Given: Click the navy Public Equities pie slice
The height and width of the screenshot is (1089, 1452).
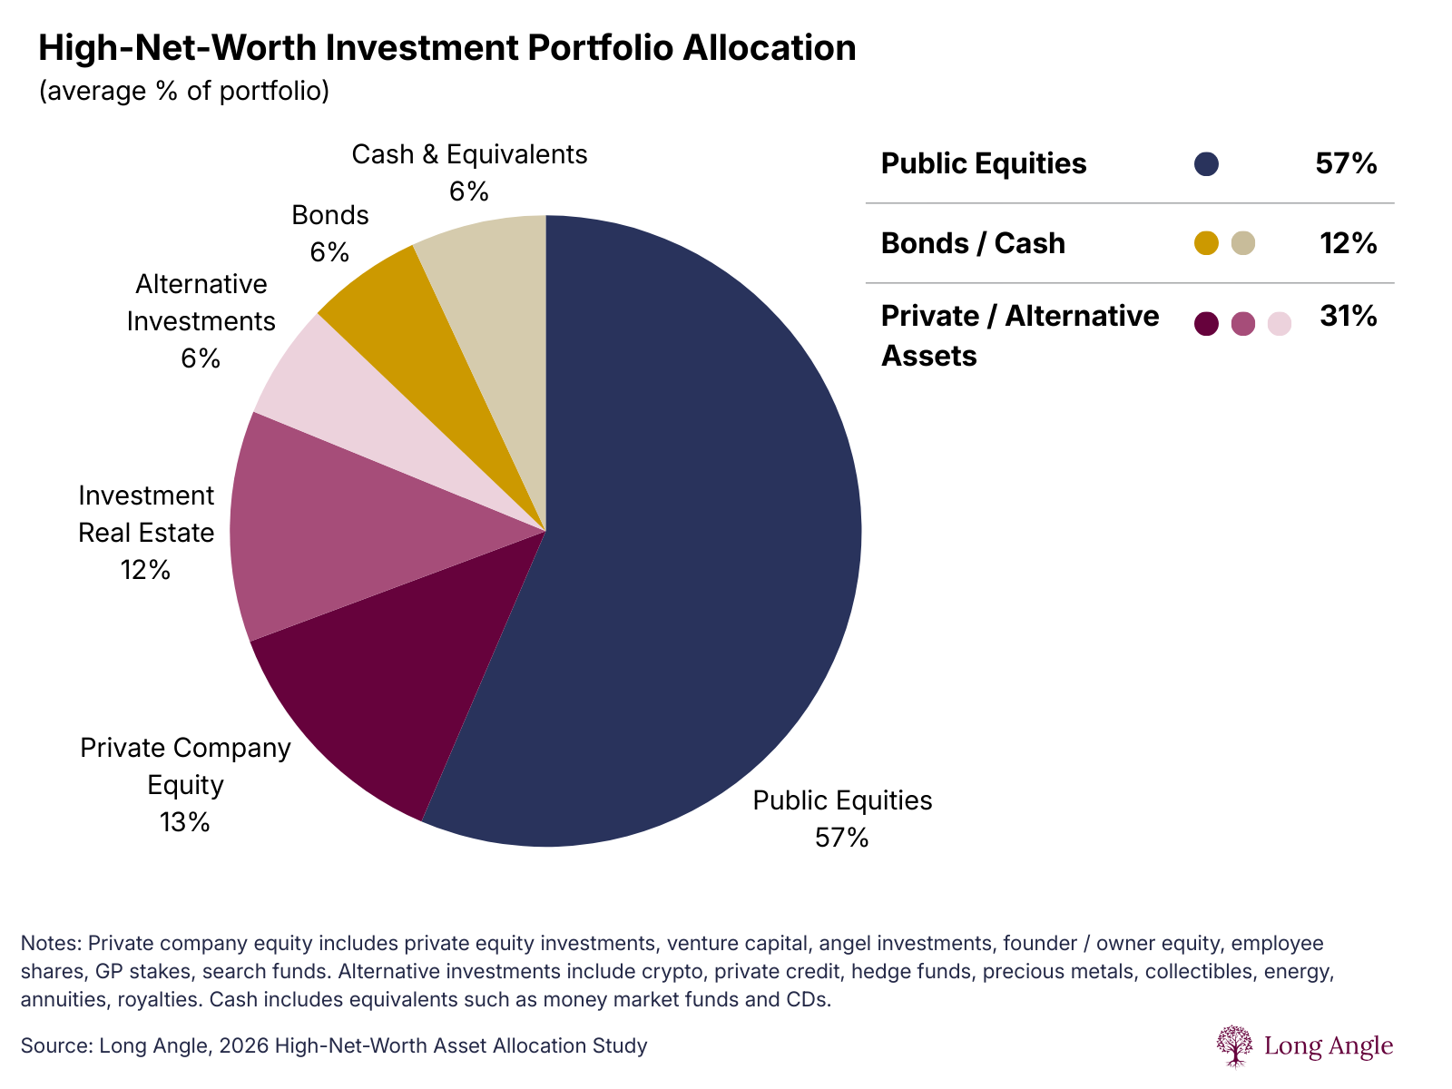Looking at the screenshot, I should [x=690, y=544].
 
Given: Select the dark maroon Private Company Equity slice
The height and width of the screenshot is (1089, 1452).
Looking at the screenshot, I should [x=390, y=690].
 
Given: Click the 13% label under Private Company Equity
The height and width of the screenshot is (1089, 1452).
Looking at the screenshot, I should [x=185, y=822].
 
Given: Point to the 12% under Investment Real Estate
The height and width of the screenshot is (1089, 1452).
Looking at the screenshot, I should [x=145, y=570].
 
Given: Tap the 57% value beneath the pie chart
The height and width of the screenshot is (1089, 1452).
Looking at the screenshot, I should [x=841, y=838].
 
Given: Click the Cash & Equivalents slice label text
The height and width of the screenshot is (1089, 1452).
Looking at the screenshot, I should [x=469, y=155].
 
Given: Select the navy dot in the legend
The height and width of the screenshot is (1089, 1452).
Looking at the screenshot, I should [x=1206, y=164].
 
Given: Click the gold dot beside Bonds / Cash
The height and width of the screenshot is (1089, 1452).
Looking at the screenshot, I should [x=1206, y=243].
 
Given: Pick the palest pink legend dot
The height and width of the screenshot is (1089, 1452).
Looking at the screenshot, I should [x=1279, y=324].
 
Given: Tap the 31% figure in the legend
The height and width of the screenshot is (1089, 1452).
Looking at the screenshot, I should [x=1348, y=317].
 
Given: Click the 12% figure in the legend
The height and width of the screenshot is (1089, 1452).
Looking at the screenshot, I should [x=1348, y=243].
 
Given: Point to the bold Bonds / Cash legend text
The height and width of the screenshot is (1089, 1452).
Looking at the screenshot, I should [x=973, y=243].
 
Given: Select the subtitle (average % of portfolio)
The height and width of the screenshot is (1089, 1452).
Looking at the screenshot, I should [x=184, y=92].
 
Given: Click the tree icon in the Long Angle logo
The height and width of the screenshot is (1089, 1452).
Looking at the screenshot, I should [x=1234, y=1045].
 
